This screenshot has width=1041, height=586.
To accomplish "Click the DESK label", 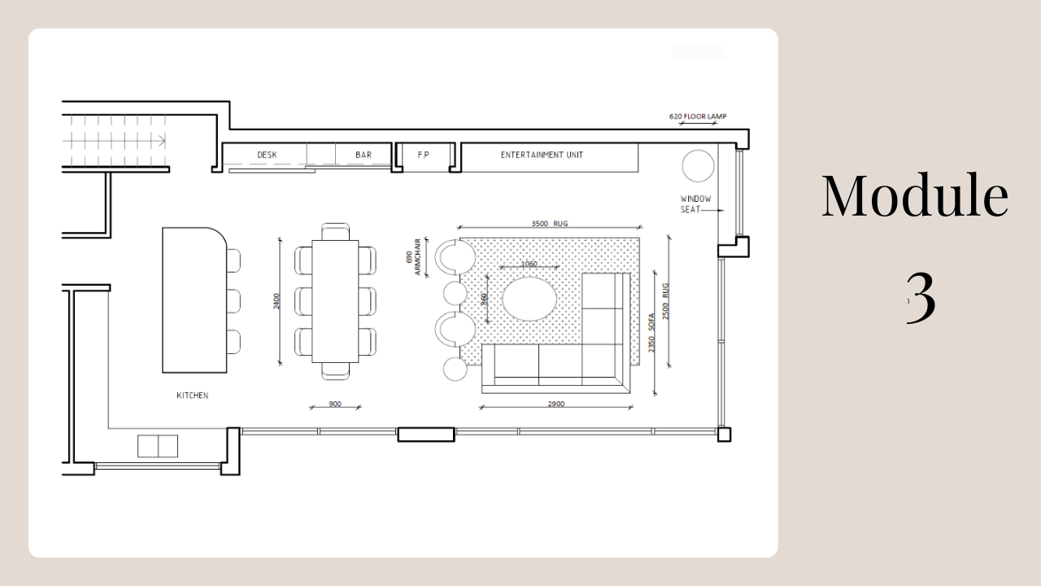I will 267,155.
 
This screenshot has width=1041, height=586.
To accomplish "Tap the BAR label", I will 364,155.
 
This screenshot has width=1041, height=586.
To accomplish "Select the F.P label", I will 423,155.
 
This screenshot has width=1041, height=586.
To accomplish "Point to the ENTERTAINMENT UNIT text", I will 542,155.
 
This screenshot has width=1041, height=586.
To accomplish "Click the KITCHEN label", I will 193,396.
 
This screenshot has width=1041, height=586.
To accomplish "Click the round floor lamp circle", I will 698,166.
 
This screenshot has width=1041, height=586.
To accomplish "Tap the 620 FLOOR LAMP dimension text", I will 697,116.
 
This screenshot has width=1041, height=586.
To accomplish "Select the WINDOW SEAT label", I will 695,204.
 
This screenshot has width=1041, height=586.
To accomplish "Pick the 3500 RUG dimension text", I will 549,222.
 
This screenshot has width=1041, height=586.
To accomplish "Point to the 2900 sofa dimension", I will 556,404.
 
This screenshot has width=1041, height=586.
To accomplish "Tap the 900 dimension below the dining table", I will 334,404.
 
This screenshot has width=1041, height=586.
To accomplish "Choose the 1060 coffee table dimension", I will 529,264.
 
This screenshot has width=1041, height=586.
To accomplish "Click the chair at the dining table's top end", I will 335,230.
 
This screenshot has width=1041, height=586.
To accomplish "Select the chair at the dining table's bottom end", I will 335,371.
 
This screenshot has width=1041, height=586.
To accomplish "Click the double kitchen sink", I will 158,446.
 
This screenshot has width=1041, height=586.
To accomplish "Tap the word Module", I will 914,196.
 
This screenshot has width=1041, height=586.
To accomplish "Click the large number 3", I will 921,298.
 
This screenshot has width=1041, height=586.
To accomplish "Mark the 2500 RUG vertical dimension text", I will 664,301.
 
